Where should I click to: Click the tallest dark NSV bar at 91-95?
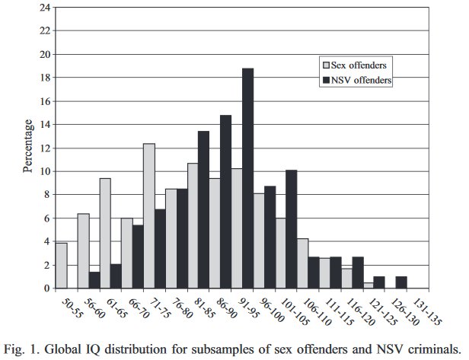point(247,179)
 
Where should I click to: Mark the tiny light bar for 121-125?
point(368,285)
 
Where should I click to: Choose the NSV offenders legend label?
point(362,81)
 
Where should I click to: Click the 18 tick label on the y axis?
point(46,78)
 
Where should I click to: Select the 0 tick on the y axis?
point(49,288)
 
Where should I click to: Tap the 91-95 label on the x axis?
point(240,307)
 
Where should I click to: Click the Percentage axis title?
point(28,147)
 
